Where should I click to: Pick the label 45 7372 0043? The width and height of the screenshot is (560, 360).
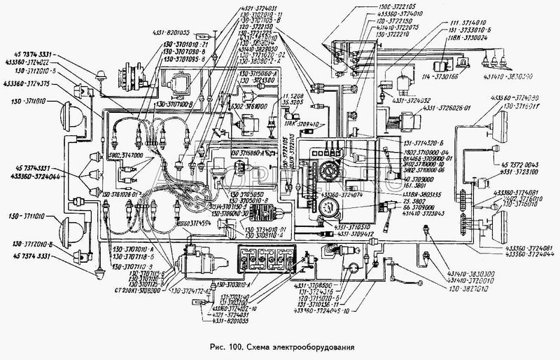[x=519, y=163]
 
